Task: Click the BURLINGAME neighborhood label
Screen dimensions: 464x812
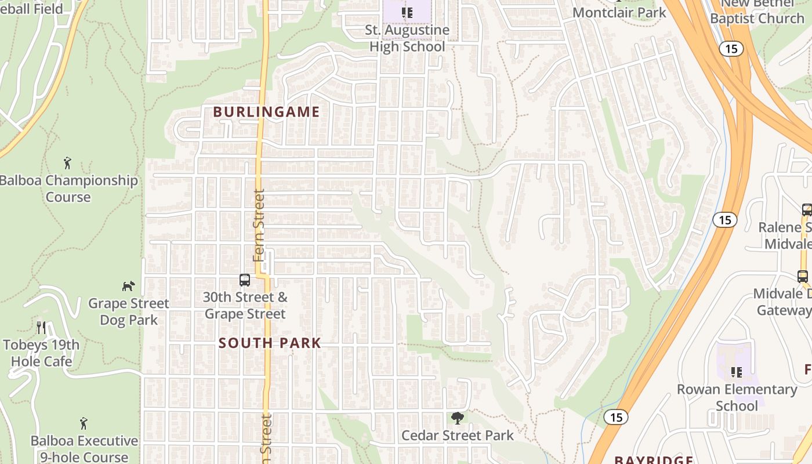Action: (x=266, y=112)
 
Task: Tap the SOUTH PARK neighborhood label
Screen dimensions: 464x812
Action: (x=270, y=343)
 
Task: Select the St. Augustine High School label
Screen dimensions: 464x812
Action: (x=407, y=38)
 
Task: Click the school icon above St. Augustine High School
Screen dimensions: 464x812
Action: (x=407, y=12)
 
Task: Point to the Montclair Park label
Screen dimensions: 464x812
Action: (x=619, y=12)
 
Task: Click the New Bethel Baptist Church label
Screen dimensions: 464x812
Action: (x=757, y=12)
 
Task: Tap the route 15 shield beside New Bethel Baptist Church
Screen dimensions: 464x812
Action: (x=731, y=49)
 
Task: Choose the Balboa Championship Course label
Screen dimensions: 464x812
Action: (x=68, y=188)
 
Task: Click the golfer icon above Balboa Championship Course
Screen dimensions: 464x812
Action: (x=67, y=162)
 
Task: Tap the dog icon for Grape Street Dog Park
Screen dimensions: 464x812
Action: (x=128, y=286)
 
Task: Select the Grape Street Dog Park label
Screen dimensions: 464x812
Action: (x=129, y=311)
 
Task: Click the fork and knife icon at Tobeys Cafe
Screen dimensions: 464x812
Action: (x=41, y=328)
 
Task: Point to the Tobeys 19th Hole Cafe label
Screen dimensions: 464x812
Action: (x=41, y=353)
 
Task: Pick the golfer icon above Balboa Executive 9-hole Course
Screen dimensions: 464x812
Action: (x=84, y=423)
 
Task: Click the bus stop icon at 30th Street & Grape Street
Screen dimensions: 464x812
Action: (x=245, y=280)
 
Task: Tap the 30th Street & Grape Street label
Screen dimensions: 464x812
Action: (x=245, y=306)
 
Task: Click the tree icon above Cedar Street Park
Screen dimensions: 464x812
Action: (x=458, y=418)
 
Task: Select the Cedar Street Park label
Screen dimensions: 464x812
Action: (x=458, y=435)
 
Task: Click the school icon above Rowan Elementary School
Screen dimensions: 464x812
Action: (x=737, y=372)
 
